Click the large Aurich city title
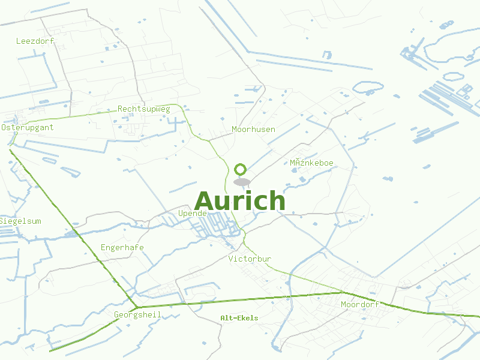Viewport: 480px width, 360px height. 240,201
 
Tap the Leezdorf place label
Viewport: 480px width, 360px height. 35,41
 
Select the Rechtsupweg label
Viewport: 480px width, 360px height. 144,109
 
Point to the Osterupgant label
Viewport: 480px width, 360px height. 28,128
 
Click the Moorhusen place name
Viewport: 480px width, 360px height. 253,130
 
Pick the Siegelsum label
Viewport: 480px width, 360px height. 21,221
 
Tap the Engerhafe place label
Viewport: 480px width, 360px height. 122,248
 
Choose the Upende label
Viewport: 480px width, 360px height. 193,214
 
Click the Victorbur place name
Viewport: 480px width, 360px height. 250,259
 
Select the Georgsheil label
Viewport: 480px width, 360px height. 137,315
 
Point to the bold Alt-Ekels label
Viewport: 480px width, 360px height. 239,318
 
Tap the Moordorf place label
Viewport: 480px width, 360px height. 359,305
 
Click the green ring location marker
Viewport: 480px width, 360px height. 241,169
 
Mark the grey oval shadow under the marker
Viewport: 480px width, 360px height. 241,182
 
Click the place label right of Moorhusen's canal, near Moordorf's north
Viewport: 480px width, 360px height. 311,163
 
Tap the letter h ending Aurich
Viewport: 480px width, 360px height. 275,201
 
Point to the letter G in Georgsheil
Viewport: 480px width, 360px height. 116,315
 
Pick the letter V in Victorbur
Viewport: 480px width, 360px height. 231,259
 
